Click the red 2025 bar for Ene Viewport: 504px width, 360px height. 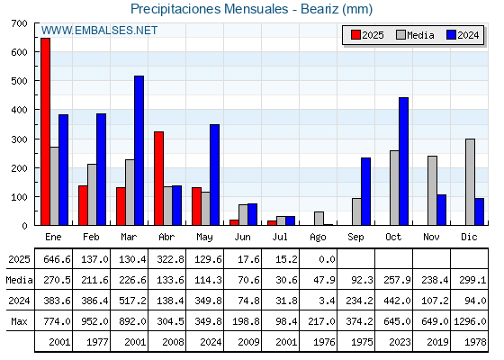[x=45, y=131]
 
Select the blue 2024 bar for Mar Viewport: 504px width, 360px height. [x=139, y=150]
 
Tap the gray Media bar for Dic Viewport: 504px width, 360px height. [x=470, y=182]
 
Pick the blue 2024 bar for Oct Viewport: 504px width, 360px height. [x=403, y=161]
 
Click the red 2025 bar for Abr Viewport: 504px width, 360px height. [x=158, y=178]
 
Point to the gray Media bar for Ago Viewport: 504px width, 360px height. [x=319, y=218]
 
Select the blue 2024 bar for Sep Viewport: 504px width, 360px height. [x=365, y=191]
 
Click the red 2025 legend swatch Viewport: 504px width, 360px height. [x=355, y=35]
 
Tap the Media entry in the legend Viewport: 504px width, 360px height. [x=415, y=35]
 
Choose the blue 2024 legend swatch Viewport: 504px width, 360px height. [x=451, y=35]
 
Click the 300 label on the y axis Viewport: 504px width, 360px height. [x=19, y=139]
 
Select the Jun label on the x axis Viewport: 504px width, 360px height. [x=242, y=238]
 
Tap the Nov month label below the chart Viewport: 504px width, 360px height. [x=431, y=237]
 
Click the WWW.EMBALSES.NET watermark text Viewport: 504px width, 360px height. [x=99, y=31]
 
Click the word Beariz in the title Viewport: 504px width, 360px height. [x=319, y=9]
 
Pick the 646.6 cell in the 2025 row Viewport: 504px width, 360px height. [x=57, y=259]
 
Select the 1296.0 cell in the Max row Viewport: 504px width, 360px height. [x=470, y=321]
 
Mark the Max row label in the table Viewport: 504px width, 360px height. [x=19, y=321]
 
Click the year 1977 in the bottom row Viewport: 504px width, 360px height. [x=97, y=342]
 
